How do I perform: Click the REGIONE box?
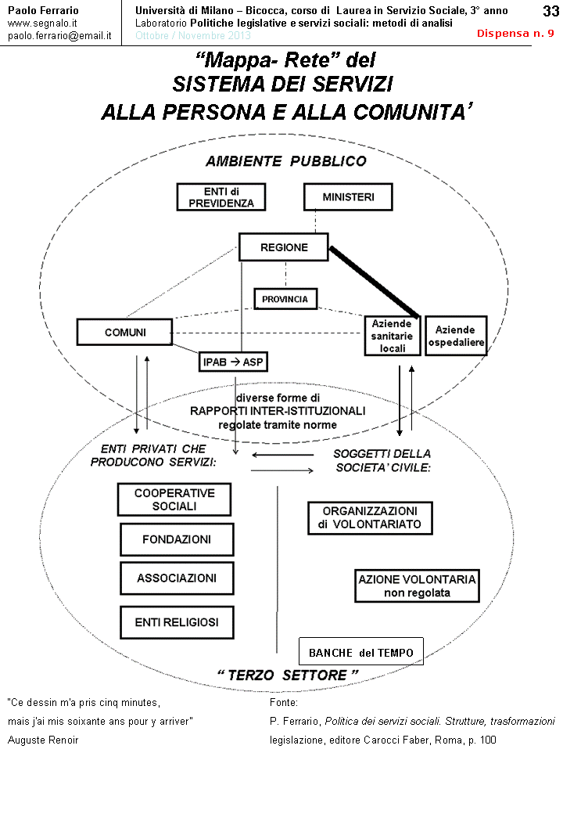click(284, 247)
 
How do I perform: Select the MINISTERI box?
click(348, 197)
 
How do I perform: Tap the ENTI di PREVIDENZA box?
click(221, 197)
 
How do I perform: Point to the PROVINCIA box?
click(285, 299)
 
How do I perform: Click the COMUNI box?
click(125, 332)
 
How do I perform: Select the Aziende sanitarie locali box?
click(393, 336)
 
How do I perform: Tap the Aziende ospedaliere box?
click(456, 336)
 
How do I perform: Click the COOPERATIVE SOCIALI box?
click(174, 499)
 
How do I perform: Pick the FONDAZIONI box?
click(177, 539)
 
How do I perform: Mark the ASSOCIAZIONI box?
click(177, 578)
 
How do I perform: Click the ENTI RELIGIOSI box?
click(177, 623)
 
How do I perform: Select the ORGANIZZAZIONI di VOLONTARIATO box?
click(370, 517)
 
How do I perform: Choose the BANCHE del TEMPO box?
click(361, 652)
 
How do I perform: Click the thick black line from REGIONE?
click(375, 282)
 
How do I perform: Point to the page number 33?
click(550, 11)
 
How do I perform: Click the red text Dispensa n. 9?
click(515, 34)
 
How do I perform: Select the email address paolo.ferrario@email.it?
click(59, 36)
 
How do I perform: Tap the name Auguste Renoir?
click(43, 740)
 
